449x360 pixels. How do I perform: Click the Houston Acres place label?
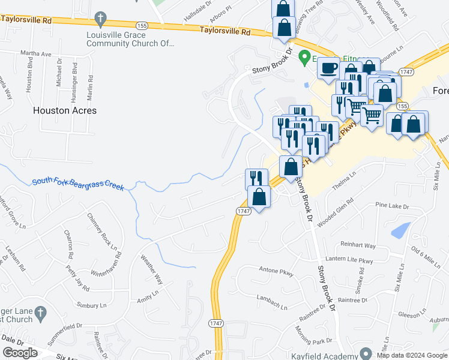point(65,110)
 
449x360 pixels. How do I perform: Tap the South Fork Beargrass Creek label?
point(78,184)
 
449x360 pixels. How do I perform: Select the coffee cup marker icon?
point(329,70)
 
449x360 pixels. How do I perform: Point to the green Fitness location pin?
point(304,58)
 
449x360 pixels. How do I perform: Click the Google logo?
point(20,353)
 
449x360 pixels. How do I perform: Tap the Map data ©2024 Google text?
point(411,355)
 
